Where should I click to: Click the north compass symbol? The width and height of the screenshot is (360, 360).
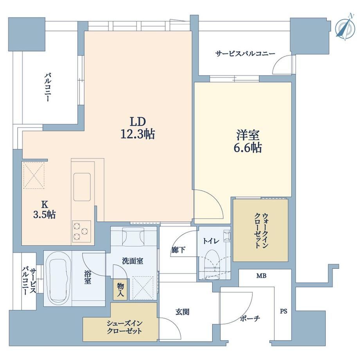345,28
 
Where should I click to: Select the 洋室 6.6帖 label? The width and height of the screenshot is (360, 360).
248,141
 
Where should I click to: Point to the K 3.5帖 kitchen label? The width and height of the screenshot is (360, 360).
44,209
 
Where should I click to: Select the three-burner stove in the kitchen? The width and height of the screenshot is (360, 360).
81,231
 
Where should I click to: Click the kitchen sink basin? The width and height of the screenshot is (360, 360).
82,187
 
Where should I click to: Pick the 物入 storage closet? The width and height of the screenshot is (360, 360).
121,289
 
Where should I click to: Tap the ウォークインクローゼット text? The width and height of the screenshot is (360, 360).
261,230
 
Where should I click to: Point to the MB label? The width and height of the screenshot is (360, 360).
261,275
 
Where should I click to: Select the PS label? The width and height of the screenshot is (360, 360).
284,311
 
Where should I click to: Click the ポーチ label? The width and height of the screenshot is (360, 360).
250,319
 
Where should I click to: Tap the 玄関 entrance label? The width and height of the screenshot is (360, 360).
182,312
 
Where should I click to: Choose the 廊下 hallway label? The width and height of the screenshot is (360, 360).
178,250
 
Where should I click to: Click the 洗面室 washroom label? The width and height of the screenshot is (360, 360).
133,261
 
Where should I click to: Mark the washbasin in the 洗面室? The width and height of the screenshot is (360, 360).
133,236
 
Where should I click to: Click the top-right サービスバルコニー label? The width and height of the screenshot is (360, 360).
245,54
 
